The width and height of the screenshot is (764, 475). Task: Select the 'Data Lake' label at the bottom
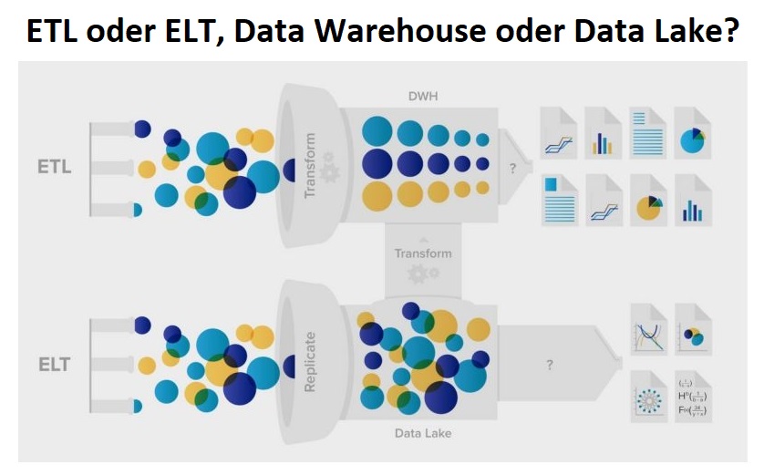[x=422, y=433]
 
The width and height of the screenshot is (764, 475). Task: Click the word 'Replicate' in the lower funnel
[x=310, y=362]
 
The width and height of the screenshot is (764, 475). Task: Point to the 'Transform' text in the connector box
[x=422, y=253]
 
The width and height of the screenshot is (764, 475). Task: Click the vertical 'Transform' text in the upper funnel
[x=310, y=166]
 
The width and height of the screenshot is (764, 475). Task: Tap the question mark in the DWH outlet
[x=512, y=168]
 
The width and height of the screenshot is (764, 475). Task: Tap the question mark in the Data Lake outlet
[x=549, y=365]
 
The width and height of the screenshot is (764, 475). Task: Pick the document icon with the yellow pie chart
[x=648, y=201]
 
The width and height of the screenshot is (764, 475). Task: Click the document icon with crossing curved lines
[x=648, y=329]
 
